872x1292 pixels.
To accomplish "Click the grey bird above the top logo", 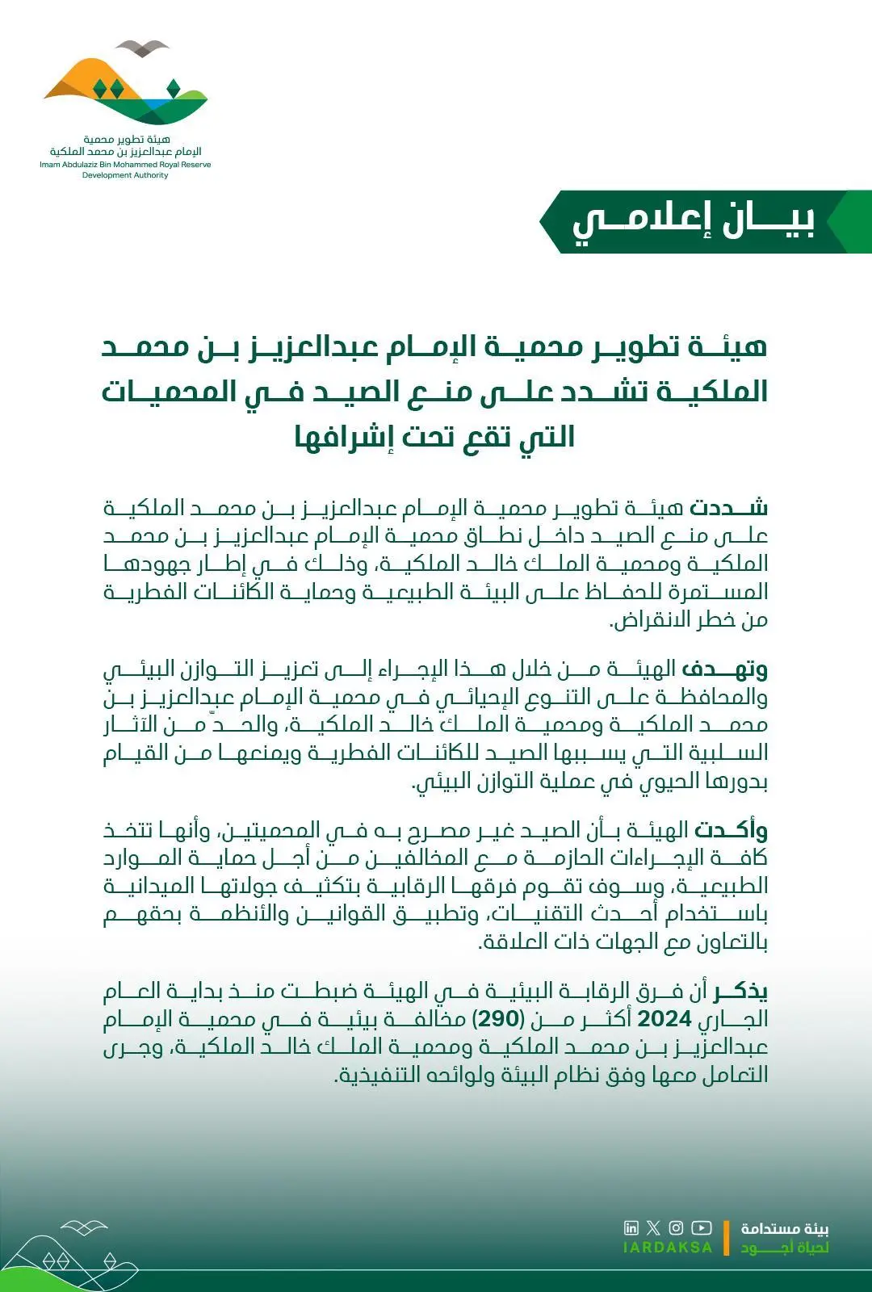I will click(142, 47).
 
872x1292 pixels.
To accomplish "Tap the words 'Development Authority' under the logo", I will click(125, 175).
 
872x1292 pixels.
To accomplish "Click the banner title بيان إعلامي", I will click(694, 222).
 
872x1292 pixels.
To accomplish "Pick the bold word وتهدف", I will click(724, 669).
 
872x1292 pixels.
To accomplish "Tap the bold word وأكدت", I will click(730, 830).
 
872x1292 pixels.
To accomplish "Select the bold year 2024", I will click(664, 1019).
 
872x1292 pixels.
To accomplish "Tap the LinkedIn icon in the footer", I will click(631, 1228).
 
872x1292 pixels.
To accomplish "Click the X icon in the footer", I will click(653, 1228).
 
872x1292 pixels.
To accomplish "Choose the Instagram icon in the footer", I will click(676, 1228).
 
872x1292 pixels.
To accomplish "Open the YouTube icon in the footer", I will click(702, 1228).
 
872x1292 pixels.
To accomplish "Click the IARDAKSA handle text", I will click(668, 1248).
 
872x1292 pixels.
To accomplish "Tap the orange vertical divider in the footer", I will click(726, 1238).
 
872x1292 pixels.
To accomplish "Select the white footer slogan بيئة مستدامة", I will click(785, 1228).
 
